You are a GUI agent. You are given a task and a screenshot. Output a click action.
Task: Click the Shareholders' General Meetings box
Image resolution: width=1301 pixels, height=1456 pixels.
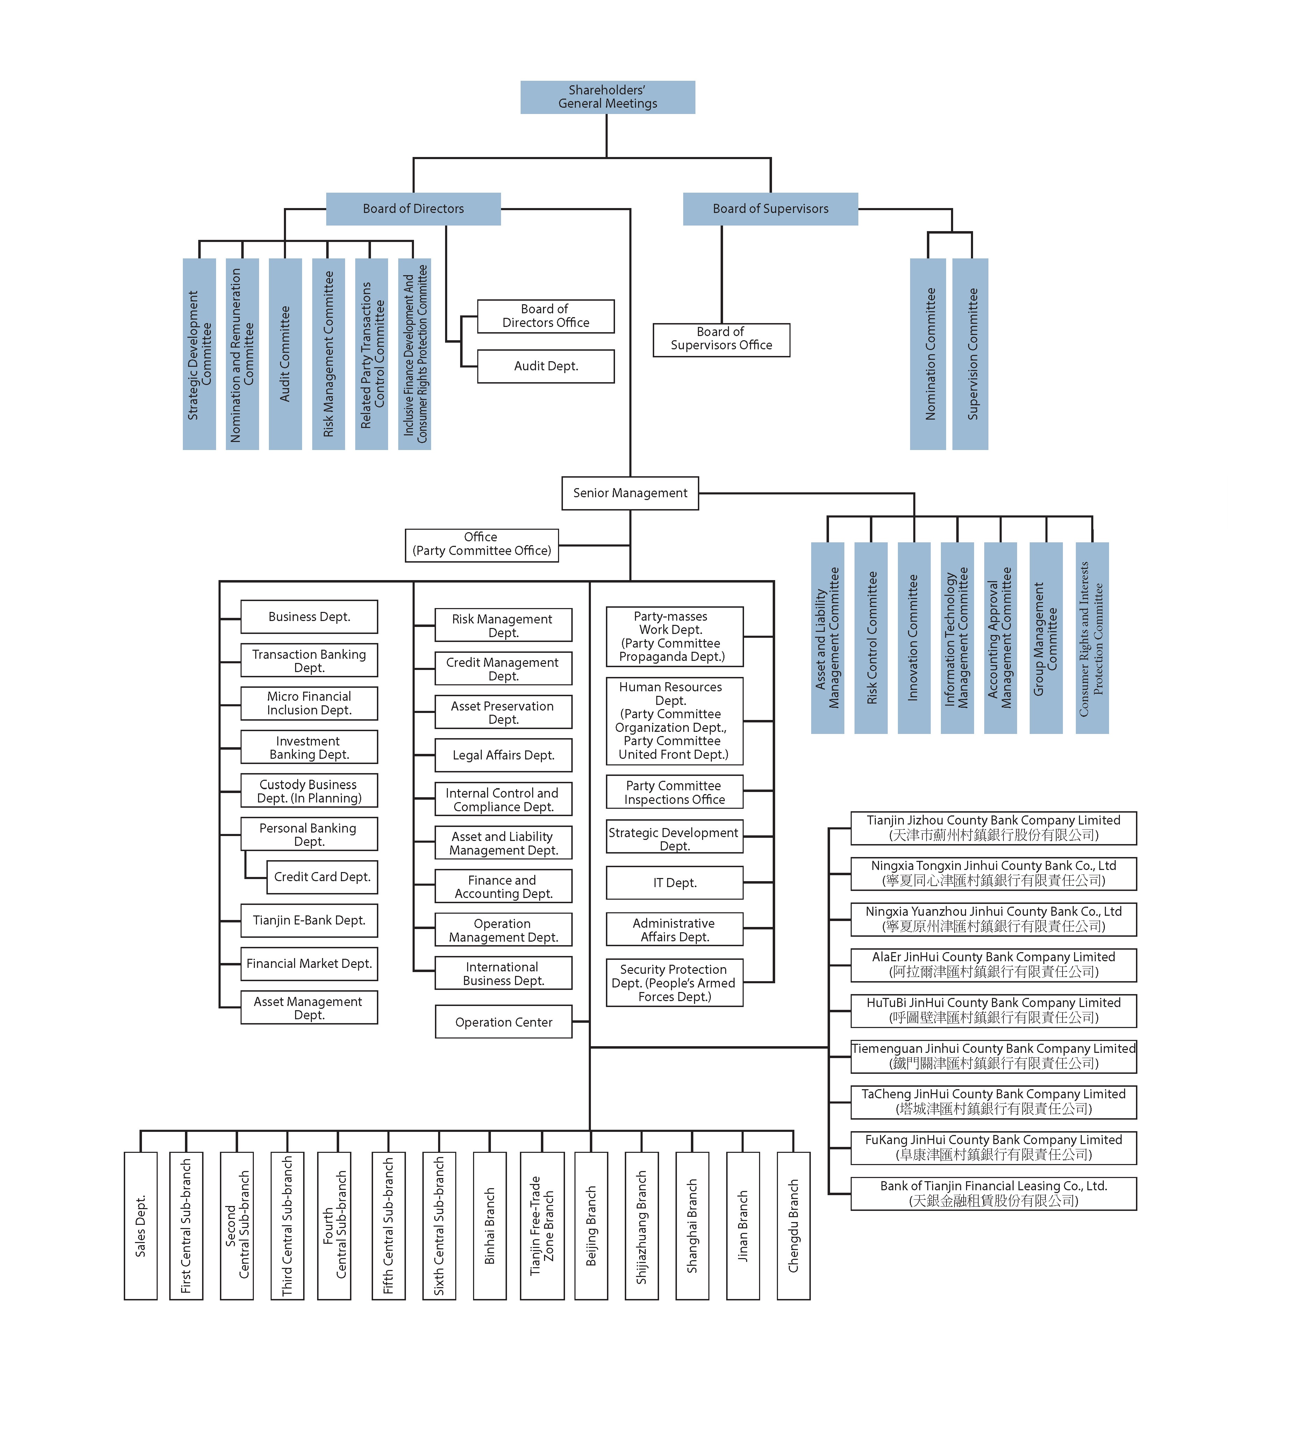[x=608, y=97]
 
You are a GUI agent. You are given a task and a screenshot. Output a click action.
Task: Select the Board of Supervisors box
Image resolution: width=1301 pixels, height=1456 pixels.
[x=771, y=209]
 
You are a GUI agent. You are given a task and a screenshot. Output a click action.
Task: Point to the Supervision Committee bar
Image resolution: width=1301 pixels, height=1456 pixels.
[x=971, y=354]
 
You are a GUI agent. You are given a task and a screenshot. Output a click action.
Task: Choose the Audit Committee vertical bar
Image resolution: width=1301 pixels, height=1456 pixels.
[x=285, y=354]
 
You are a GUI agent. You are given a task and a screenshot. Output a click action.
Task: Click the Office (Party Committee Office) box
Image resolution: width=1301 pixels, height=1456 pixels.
[x=482, y=545]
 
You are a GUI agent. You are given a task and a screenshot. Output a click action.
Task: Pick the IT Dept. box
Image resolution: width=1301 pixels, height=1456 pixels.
[x=675, y=883]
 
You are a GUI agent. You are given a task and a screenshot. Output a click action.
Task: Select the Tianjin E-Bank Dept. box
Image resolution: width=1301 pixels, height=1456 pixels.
[x=309, y=921]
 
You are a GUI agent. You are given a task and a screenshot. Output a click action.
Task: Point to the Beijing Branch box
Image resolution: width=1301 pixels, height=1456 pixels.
[x=591, y=1226]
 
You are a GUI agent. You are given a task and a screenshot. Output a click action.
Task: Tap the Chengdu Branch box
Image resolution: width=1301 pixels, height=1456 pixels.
[x=793, y=1226]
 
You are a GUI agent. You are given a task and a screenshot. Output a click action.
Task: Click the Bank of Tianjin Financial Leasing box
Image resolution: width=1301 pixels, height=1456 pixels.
[x=994, y=1194]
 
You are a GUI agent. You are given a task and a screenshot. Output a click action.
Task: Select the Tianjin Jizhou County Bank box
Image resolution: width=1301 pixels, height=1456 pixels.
[x=994, y=828]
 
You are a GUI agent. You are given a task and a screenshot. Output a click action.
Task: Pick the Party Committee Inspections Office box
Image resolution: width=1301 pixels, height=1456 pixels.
[x=675, y=792]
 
